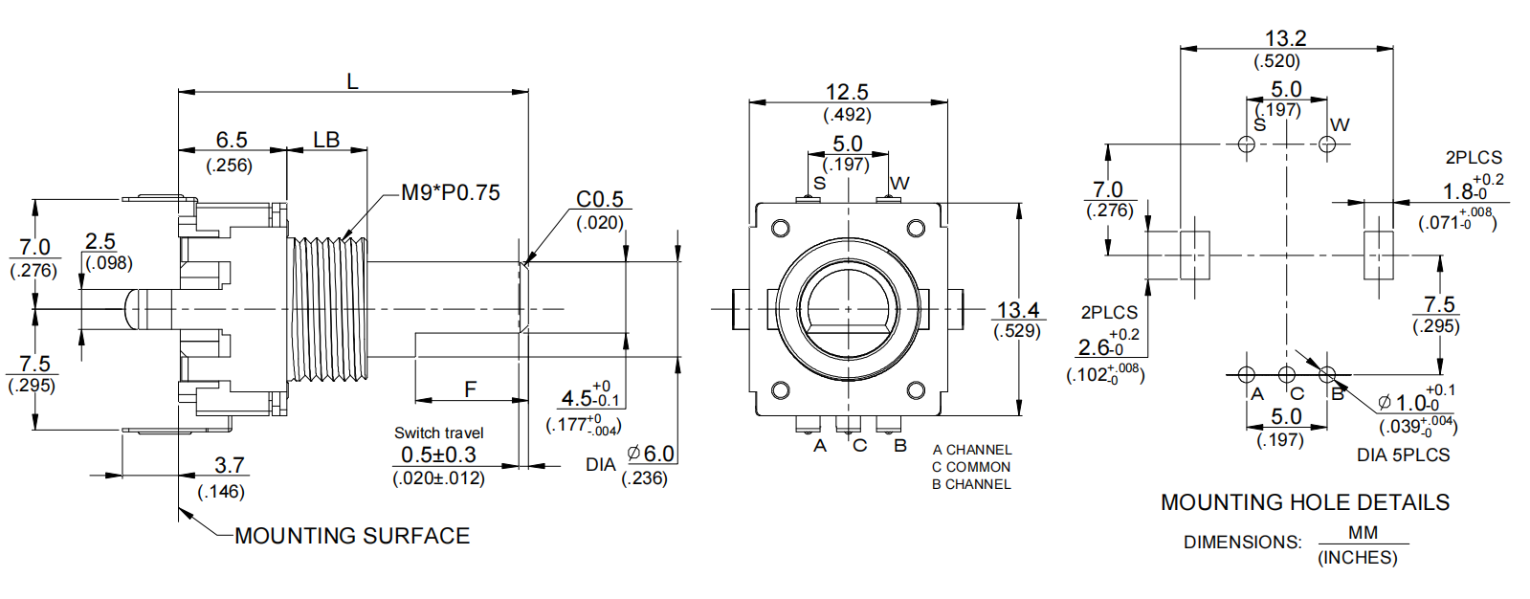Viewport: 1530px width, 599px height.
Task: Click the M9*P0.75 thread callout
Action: coord(450,192)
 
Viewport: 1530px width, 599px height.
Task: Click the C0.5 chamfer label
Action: coord(599,199)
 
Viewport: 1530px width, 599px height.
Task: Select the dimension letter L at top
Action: coord(352,81)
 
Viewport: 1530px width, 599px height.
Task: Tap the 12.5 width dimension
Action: coord(847,92)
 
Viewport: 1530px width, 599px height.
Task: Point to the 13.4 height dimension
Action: coord(1017,310)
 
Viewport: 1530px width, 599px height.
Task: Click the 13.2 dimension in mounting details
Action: coord(1285,38)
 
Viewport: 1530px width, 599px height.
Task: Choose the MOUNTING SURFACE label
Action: coord(352,536)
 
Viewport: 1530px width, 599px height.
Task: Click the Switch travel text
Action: coord(439,433)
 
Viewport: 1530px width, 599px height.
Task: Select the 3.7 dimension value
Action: coord(230,465)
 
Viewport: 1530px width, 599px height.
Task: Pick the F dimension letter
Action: coord(470,389)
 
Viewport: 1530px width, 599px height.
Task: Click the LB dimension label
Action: coord(326,140)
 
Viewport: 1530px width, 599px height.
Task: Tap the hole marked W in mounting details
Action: coord(1327,144)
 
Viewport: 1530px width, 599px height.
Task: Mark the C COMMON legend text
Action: coord(971,467)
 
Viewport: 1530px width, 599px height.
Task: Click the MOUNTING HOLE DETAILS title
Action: coord(1304,502)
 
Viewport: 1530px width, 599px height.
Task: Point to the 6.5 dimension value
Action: coord(231,140)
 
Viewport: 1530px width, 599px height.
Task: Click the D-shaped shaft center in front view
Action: coord(848,308)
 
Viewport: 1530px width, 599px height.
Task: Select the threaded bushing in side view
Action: coord(328,308)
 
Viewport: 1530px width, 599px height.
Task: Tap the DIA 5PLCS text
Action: coord(1403,455)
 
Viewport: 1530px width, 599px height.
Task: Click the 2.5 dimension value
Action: coord(100,241)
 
